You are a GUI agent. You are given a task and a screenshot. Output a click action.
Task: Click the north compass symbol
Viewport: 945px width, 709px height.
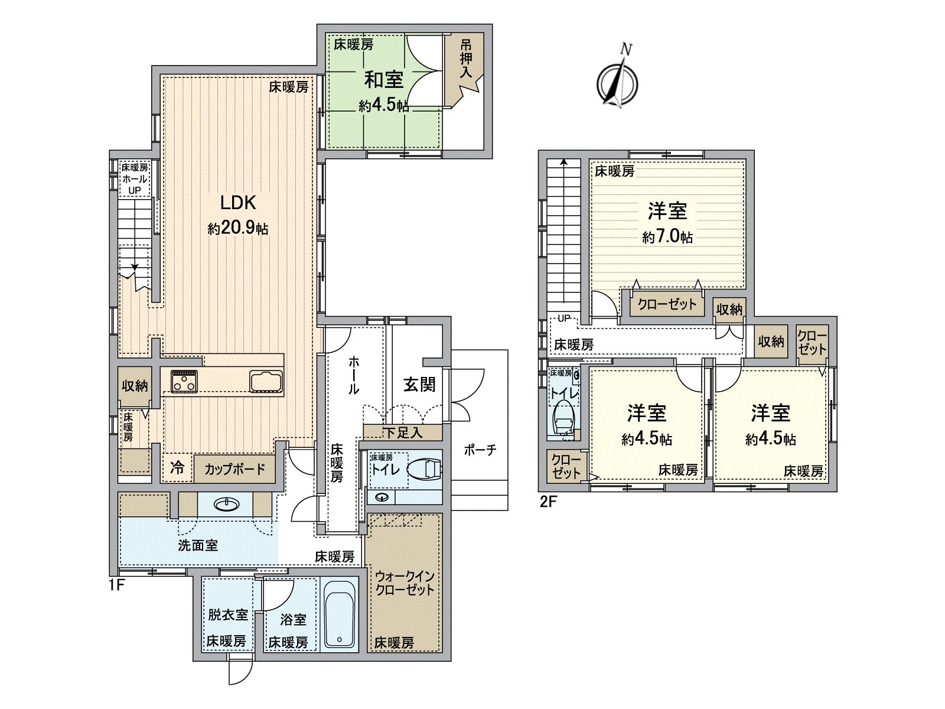pos(617,82)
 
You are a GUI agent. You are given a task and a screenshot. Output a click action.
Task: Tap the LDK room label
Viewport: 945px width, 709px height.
pos(238,203)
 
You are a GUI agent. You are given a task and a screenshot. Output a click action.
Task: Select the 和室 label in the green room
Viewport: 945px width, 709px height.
pos(383,79)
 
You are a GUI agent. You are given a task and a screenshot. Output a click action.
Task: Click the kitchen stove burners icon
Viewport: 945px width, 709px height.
pos(184,381)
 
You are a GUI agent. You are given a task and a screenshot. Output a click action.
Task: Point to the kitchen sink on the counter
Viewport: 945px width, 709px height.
pos(267,381)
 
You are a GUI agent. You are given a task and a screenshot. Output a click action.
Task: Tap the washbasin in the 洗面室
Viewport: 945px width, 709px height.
pos(226,504)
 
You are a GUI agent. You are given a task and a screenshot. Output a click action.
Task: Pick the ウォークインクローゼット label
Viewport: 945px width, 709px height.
pos(405,583)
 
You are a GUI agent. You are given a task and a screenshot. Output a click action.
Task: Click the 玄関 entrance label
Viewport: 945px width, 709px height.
pos(419,385)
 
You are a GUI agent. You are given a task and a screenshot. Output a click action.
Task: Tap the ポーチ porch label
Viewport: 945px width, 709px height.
pos(480,450)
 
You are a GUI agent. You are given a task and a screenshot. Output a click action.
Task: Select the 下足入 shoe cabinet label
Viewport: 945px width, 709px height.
pos(403,432)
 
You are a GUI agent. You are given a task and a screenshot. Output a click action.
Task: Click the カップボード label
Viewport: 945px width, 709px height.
pos(234,469)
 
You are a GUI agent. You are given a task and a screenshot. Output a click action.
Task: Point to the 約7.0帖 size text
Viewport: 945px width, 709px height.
pos(667,238)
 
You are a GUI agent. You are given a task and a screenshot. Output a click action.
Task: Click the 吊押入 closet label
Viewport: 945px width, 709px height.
pos(466,58)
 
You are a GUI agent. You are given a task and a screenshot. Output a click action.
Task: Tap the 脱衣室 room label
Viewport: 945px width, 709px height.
pos(227,614)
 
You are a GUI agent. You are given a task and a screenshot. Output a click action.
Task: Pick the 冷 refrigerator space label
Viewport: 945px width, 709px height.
pos(177,468)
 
